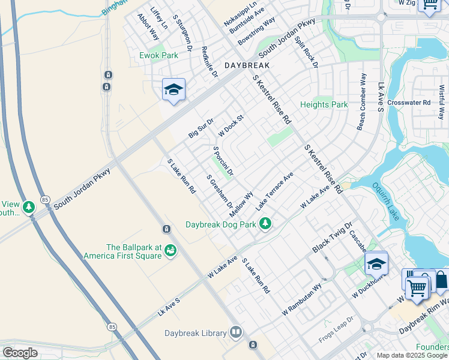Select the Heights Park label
click(x=324, y=104)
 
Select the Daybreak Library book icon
click(x=236, y=333)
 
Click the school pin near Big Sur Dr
click(x=173, y=90)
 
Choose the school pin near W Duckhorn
click(x=376, y=263)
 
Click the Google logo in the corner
click(x=20, y=353)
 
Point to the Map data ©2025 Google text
click(x=412, y=356)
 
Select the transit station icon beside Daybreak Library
click(x=253, y=344)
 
